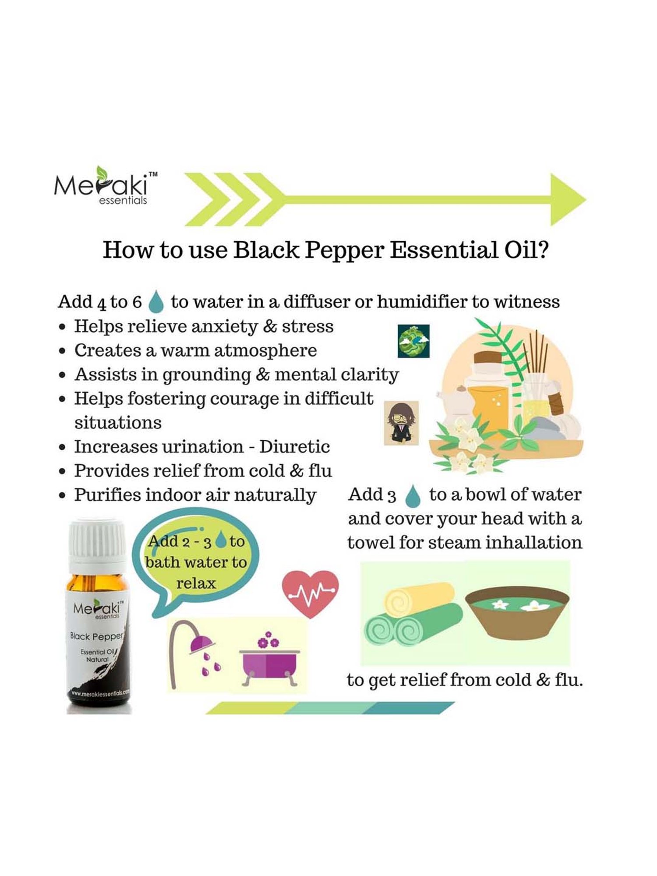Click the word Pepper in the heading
[x=344, y=251]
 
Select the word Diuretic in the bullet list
[x=294, y=447]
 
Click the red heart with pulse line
[x=310, y=593]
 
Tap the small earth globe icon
[x=413, y=341]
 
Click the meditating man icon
[x=401, y=423]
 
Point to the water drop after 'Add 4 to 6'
[x=156, y=302]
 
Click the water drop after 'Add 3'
[x=412, y=496]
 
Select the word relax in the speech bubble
[x=196, y=583]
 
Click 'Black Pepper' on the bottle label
[x=97, y=636]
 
